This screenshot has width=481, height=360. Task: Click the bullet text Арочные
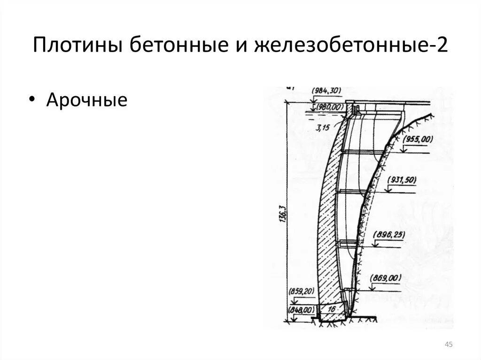pyautogui.click(x=86, y=100)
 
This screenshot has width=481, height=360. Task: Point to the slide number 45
pyautogui.click(x=448, y=345)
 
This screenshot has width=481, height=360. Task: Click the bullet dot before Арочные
pyautogui.click(x=31, y=100)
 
